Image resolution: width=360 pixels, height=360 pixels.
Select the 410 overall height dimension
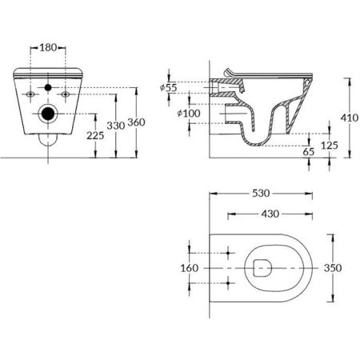(x=348, y=116)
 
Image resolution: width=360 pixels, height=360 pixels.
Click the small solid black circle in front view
(x=49, y=87)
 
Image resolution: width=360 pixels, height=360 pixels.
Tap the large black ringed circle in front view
(x=49, y=113)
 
